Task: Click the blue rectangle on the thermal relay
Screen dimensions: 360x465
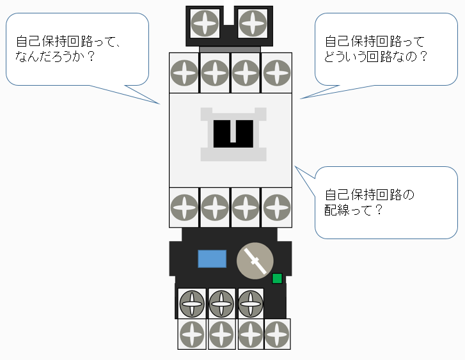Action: [x=212, y=259]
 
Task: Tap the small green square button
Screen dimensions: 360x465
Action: [x=277, y=278]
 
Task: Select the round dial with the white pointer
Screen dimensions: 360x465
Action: [x=255, y=262]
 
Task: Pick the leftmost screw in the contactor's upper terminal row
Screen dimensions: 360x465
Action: [x=185, y=73]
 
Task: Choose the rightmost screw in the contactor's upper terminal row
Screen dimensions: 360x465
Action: [x=276, y=73]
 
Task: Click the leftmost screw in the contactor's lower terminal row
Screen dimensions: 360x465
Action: [x=185, y=207]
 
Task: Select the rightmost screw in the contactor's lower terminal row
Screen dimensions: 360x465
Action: [x=276, y=207]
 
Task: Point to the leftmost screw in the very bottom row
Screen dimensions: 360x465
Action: [x=192, y=334]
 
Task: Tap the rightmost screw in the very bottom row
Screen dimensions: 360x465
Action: [x=277, y=334]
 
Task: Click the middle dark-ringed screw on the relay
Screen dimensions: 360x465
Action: [x=221, y=302]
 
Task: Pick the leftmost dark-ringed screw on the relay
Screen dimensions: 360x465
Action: [x=192, y=302]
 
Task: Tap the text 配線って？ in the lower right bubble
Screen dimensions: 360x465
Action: [x=354, y=209]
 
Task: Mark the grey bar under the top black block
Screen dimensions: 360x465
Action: [x=230, y=49]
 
